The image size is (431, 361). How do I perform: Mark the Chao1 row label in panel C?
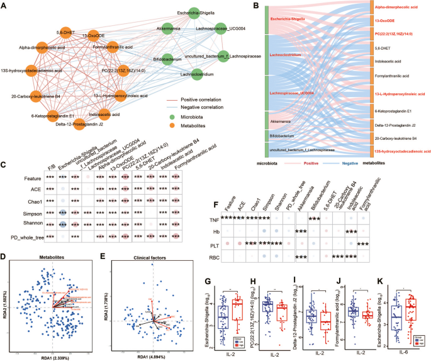(25, 211)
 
